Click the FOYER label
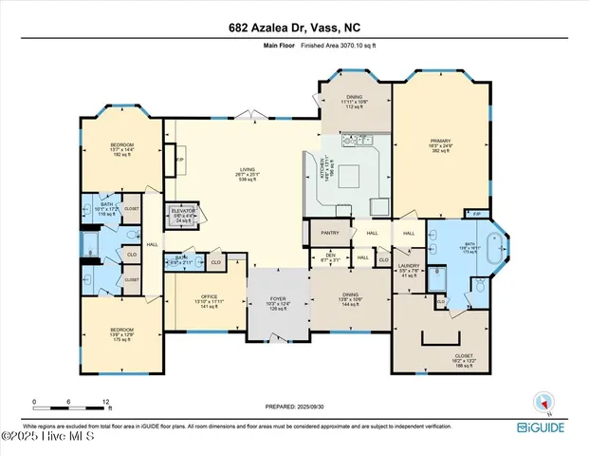tap(278, 299)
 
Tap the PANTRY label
tap(330, 232)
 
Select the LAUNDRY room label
tap(409, 266)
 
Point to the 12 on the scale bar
tap(106, 402)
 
